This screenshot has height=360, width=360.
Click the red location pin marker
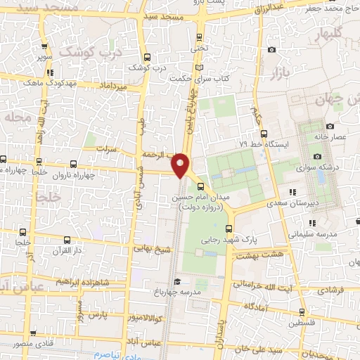tap(181, 165)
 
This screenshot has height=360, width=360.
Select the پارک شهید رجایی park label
tap(274, 239)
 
